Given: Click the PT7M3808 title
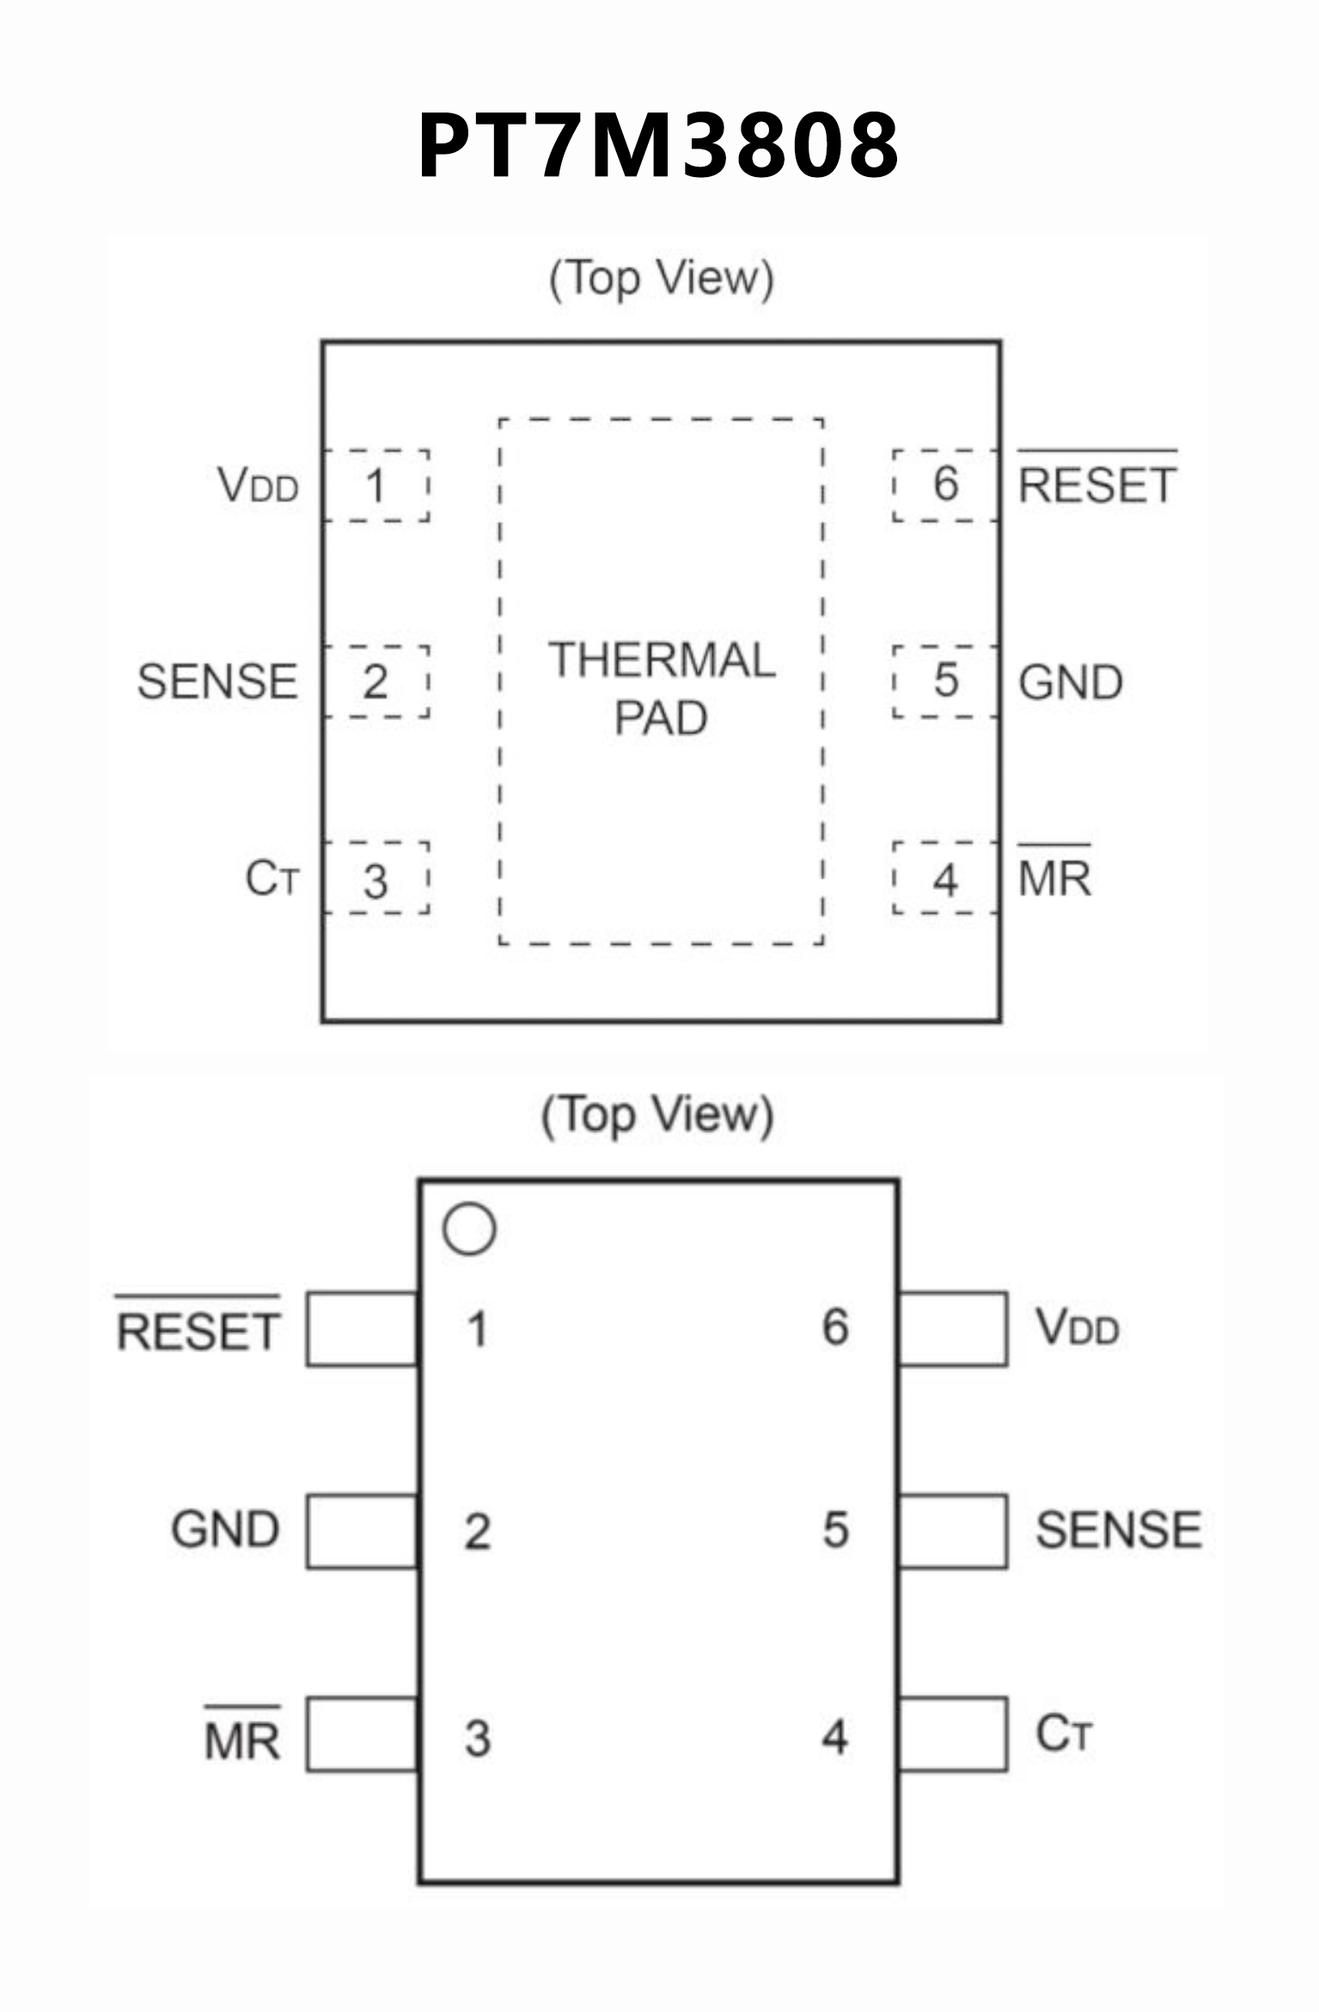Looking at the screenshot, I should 658,146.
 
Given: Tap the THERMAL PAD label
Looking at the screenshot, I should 662,688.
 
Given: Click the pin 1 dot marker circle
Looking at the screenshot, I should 469,1229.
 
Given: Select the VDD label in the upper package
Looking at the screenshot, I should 258,485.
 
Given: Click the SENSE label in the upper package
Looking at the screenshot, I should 217,681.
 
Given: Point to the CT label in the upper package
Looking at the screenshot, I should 272,878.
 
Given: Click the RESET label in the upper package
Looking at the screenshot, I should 1096,485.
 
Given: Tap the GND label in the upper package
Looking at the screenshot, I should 1071,682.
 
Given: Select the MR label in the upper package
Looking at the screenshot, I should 1054,878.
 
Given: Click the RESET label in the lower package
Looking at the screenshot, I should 198,1331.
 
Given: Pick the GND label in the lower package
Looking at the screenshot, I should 225,1529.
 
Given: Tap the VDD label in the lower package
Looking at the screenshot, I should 1078,1327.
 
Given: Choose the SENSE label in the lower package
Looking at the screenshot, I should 1118,1529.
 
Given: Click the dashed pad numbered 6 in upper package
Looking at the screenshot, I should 945,485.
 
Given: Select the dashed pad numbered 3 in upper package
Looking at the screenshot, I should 376,879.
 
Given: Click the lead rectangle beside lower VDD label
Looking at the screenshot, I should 952,1328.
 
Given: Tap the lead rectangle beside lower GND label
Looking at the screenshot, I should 363,1531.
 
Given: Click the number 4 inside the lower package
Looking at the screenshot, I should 834,1736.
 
